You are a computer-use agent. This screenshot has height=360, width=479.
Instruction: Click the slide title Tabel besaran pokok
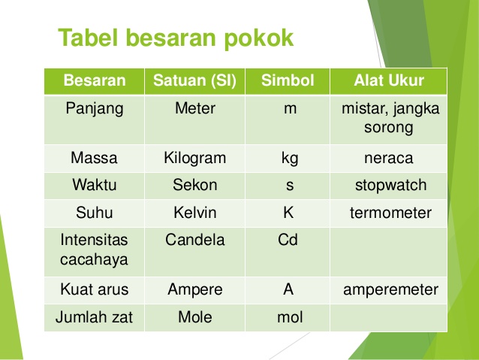176,38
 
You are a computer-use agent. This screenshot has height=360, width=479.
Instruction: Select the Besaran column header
94,80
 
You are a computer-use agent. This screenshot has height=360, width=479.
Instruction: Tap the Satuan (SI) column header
194,80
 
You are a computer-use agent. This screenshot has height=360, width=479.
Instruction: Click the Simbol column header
288,80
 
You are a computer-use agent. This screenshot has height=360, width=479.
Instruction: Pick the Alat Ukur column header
389,80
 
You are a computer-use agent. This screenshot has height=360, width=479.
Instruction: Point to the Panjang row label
94,108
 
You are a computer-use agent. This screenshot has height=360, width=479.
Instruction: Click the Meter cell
194,108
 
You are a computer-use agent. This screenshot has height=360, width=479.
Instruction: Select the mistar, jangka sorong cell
389,118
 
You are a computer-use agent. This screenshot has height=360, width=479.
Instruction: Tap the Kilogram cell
194,159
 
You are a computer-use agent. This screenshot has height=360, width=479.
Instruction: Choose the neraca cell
389,159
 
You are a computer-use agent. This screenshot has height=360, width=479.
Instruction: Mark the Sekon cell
194,186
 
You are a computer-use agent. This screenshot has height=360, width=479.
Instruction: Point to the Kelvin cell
194,213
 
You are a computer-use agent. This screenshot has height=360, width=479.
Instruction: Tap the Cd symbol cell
288,241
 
